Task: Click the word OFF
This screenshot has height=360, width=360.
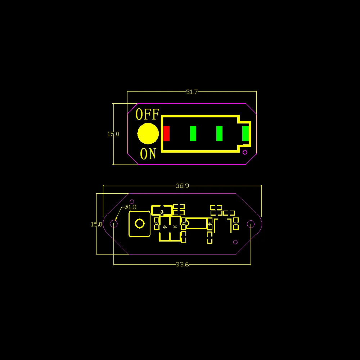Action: point(147,114)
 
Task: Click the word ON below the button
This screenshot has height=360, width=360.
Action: point(148,154)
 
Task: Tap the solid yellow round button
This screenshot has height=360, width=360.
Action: point(148,134)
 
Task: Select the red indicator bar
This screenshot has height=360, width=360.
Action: point(166,134)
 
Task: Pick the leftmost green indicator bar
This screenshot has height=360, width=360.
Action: point(193,134)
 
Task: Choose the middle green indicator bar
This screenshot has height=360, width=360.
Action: point(219,134)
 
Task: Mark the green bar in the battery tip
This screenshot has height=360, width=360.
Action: point(246,134)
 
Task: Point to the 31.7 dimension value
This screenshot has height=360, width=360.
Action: point(192,92)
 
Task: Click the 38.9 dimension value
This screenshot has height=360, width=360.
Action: point(182,186)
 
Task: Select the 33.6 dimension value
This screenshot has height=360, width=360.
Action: point(182,264)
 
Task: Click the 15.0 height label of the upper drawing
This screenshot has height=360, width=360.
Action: point(113,134)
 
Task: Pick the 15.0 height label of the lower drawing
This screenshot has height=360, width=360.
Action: point(96,224)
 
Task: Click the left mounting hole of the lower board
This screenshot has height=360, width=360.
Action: point(114,224)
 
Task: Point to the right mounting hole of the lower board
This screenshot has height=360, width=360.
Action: point(251,224)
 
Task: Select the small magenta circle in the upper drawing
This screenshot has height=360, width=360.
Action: point(245,152)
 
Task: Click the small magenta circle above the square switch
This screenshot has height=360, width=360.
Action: point(132,202)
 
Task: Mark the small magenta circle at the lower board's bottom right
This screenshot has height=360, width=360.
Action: point(235,242)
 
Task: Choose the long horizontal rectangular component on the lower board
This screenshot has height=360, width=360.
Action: point(197,223)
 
